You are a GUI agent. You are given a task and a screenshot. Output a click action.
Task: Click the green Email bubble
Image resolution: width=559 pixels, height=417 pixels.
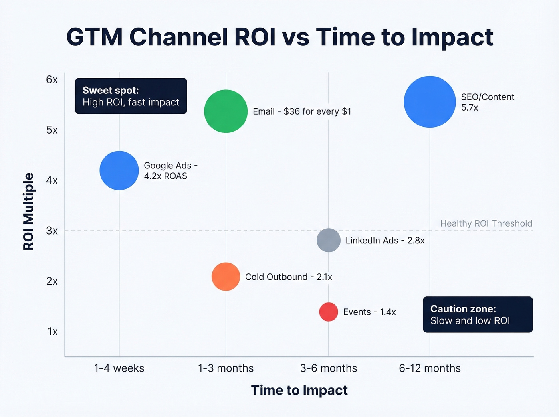click(x=226, y=111)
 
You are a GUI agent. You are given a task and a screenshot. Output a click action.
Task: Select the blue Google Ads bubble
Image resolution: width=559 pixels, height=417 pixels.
click(x=119, y=170)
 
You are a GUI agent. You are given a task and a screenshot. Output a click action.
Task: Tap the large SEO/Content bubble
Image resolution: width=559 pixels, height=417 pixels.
click(x=430, y=102)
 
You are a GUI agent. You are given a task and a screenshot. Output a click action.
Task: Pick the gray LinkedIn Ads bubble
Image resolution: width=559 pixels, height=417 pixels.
click(x=329, y=240)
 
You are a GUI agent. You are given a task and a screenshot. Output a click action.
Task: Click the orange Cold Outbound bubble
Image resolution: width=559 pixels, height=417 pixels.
click(x=226, y=277)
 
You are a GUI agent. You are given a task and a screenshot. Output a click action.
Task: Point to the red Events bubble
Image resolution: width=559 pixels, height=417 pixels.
click(x=329, y=312)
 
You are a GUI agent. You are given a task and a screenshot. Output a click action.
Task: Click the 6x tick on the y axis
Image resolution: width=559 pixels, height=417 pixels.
click(x=52, y=79)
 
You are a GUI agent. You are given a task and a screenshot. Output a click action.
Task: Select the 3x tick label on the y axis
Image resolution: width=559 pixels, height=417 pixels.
click(x=52, y=231)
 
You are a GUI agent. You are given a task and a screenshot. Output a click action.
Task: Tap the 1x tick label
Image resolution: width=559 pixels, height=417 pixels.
click(x=52, y=332)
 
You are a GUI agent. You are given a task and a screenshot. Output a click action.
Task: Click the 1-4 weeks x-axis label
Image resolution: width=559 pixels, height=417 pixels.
click(x=119, y=368)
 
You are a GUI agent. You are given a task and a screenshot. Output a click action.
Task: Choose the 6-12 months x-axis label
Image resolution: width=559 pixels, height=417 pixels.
click(x=430, y=368)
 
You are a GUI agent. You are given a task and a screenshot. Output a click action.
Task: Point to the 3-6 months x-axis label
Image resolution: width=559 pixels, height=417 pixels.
click(x=329, y=368)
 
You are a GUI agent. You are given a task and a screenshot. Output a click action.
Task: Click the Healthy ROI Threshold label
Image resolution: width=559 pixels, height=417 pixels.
click(x=486, y=223)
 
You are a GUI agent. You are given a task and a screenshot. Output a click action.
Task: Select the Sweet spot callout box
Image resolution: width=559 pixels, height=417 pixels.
click(x=131, y=96)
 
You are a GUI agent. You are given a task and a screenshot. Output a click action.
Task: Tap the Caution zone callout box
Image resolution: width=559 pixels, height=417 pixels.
click(x=478, y=314)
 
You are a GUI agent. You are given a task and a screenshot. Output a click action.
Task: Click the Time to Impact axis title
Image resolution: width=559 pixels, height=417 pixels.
click(x=299, y=390)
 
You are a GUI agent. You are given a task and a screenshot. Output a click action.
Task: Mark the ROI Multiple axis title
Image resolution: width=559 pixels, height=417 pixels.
click(x=28, y=211)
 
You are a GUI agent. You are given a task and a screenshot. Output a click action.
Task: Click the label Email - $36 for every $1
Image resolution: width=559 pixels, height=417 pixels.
click(x=302, y=111)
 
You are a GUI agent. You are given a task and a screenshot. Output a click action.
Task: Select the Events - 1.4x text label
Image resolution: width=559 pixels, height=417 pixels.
click(x=369, y=312)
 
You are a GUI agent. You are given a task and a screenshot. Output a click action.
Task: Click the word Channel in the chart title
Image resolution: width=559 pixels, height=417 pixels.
click(x=178, y=37)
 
